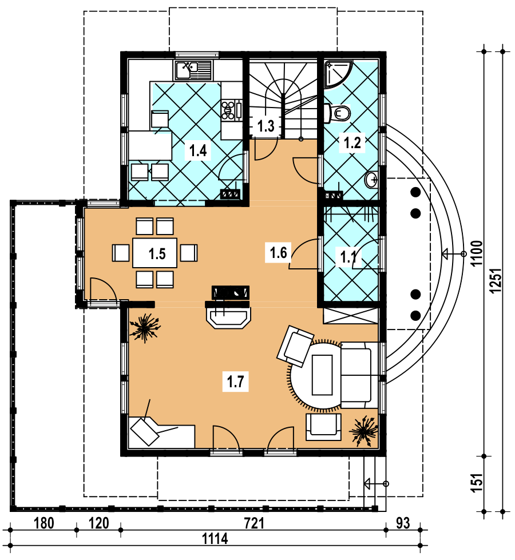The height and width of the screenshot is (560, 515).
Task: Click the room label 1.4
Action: coord(198,150)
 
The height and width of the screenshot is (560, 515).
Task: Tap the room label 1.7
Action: coord(236,382)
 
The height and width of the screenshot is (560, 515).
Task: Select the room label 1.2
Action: coord(352,142)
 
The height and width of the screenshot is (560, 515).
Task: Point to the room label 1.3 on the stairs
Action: coord(266,126)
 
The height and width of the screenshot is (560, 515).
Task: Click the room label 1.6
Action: coord(279,252)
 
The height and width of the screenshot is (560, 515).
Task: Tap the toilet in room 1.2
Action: coord(338,113)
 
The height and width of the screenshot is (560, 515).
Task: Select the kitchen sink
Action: coord(193,70)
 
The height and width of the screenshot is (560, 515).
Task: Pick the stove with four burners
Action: coord(231,110)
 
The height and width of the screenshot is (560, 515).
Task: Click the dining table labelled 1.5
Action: coord(154,253)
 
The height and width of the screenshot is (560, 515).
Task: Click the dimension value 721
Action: coord(255,523)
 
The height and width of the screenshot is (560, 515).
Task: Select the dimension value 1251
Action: coord(496,281)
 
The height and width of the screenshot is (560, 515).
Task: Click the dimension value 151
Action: coord(477,483)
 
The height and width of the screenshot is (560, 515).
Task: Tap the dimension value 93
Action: coord(403,523)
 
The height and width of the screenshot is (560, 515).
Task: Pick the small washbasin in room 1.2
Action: coord(371,180)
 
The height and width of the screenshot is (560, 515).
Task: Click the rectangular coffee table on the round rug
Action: coord(322,375)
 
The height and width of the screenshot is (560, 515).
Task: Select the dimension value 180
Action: coord(44,523)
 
